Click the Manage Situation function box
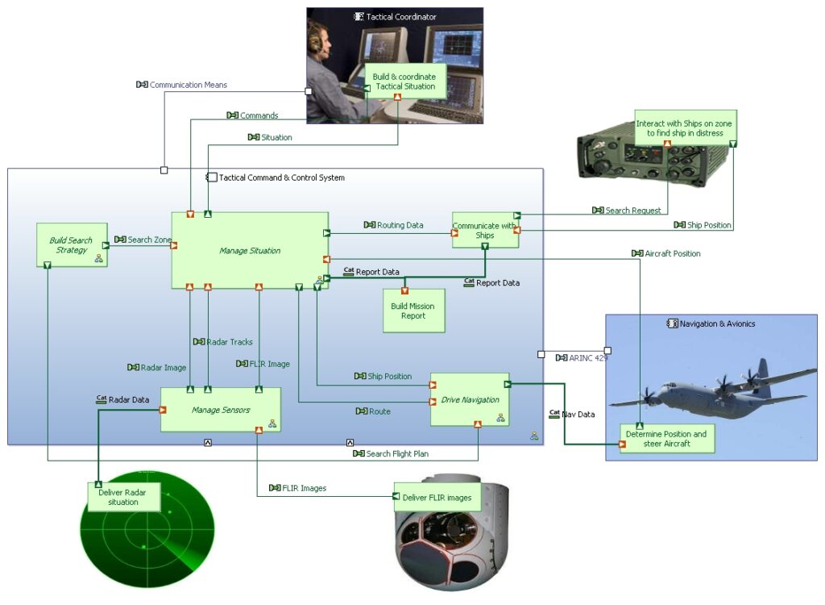point(250,250)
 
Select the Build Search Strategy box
point(71,245)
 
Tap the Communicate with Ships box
point(484,230)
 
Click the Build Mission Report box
point(412,311)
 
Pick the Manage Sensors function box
point(220,410)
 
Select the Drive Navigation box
point(470,399)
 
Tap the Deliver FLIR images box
point(437,497)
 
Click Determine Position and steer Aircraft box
point(666,439)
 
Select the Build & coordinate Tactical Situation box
point(404,81)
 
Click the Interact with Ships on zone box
point(685,128)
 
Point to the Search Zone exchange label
point(149,240)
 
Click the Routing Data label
point(400,225)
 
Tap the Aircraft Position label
point(672,253)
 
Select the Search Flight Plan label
point(397,453)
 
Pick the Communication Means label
point(188,85)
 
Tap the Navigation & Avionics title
point(717,323)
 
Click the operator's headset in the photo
point(315,37)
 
